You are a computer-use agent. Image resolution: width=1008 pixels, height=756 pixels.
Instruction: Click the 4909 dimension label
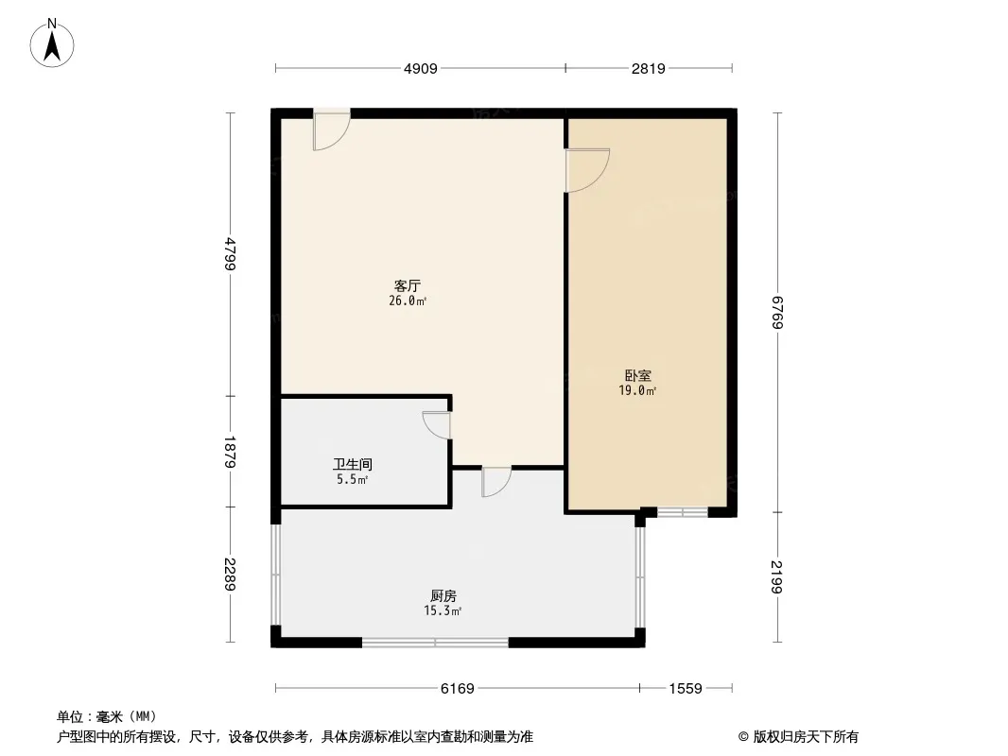click(x=421, y=68)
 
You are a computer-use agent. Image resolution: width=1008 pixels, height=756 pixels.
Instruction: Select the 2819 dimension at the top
click(x=648, y=68)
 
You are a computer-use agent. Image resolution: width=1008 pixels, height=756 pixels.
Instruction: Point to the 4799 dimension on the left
click(x=231, y=254)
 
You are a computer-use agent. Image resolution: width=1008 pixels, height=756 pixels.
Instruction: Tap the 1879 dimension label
click(x=231, y=453)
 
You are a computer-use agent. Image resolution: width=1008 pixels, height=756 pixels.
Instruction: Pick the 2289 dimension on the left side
click(x=231, y=575)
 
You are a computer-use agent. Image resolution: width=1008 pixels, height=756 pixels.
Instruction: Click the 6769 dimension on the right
click(x=777, y=312)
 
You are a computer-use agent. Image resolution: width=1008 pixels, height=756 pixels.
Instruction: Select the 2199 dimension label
click(x=777, y=576)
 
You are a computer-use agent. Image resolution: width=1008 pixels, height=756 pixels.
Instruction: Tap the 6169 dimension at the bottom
click(x=457, y=689)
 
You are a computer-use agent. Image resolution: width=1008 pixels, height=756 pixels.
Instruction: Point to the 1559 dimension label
click(x=686, y=689)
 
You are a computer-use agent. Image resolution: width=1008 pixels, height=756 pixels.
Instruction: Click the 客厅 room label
click(x=408, y=285)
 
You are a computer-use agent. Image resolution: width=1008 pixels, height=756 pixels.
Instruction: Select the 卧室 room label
click(x=637, y=375)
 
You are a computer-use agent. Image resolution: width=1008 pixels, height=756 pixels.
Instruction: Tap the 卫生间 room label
click(x=353, y=464)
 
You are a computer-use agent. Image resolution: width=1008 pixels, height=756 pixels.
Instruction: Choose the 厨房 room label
click(x=443, y=595)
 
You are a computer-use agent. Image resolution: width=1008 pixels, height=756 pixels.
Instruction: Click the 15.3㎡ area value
click(x=443, y=610)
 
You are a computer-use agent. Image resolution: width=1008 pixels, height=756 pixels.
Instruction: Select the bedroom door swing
click(x=587, y=170)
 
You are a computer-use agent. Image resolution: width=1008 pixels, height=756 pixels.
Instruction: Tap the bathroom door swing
click(x=437, y=425)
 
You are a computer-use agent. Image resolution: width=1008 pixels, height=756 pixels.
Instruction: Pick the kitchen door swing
click(x=496, y=482)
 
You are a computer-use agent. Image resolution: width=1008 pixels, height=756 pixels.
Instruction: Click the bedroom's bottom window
click(x=682, y=512)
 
